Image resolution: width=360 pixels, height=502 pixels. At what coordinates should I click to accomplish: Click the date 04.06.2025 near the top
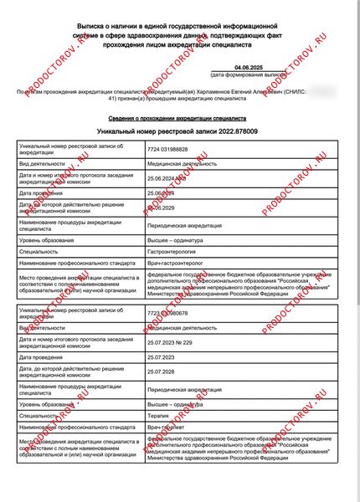248,67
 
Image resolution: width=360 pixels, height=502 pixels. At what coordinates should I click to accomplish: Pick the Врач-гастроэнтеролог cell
176,264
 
